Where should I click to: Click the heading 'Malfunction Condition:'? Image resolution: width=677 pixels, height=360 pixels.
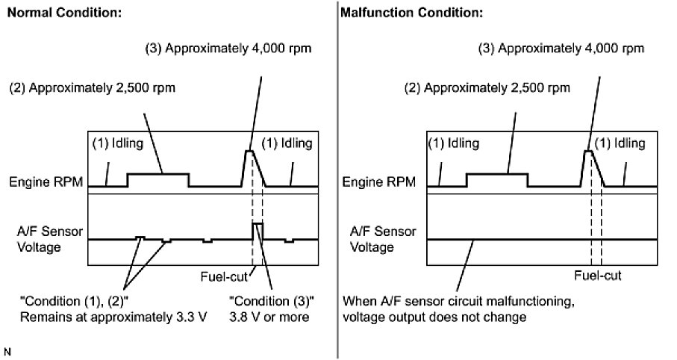402,13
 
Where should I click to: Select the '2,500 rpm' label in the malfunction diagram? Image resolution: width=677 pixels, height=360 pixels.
487,87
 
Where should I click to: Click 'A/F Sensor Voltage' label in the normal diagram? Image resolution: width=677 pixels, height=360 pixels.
42,239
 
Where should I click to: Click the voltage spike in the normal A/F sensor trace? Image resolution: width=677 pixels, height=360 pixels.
258,224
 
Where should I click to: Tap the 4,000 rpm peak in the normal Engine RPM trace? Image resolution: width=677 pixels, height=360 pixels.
251,152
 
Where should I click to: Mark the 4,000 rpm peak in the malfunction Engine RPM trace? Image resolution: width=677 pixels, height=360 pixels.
588,152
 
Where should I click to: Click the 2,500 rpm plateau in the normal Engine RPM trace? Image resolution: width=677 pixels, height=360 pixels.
157,173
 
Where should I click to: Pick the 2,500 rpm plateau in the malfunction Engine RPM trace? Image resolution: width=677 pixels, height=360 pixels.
496,173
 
